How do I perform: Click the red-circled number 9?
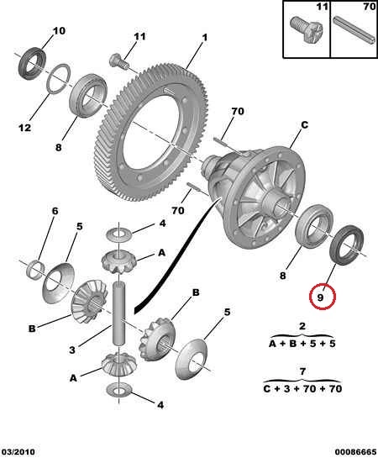pyautogui.click(x=320, y=297)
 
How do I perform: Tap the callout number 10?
pyautogui.click(x=59, y=30)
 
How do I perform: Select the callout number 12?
pyautogui.click(x=24, y=128)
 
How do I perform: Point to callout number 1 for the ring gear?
pyautogui.click(x=205, y=37)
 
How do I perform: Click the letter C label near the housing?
pyautogui.click(x=304, y=125)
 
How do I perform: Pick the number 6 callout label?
pyautogui.click(x=55, y=211)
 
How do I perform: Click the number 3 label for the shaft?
pyautogui.click(x=72, y=350)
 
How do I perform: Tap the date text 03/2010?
pyautogui.click(x=18, y=452)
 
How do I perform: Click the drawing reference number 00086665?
pyautogui.click(x=355, y=452)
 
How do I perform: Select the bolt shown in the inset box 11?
pyautogui.click(x=307, y=29)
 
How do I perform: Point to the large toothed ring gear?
pyautogui.click(x=152, y=133)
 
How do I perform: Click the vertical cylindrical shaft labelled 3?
pyautogui.click(x=118, y=313)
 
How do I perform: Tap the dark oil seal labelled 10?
pyautogui.click(x=33, y=63)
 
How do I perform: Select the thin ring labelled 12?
pyautogui.click(x=59, y=78)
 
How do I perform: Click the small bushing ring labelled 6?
pyautogui.click(x=35, y=269)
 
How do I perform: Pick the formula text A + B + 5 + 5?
pyautogui.click(x=302, y=344)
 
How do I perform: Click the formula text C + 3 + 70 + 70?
pyautogui.click(x=302, y=389)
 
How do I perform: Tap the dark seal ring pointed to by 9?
pyautogui.click(x=346, y=245)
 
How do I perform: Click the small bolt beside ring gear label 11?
pyautogui.click(x=118, y=61)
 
